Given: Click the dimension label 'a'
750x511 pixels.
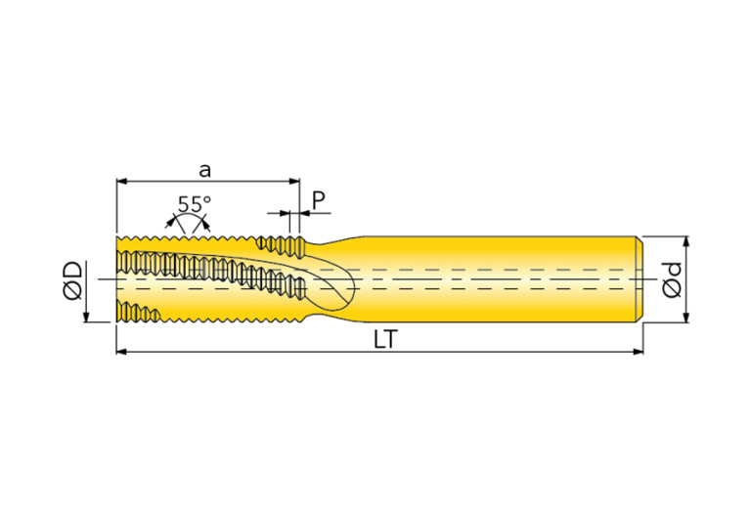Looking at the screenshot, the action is pyautogui.click(x=204, y=170).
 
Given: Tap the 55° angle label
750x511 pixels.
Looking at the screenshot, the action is pyautogui.click(x=195, y=204).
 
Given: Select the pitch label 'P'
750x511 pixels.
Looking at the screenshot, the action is pyautogui.click(x=319, y=200).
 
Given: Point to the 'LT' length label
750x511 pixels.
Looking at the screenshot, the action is pyautogui.click(x=385, y=339).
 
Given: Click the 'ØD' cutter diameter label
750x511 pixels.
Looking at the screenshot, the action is pyautogui.click(x=72, y=280).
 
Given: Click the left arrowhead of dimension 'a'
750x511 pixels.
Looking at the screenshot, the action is pyautogui.click(x=121, y=181).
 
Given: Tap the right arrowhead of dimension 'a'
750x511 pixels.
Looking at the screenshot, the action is pyautogui.click(x=294, y=181).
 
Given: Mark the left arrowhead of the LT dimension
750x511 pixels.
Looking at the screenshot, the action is pyautogui.click(x=121, y=352).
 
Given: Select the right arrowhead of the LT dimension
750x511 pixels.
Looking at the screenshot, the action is pyautogui.click(x=639, y=352).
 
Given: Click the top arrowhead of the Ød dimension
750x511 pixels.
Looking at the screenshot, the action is pyautogui.click(x=686, y=241).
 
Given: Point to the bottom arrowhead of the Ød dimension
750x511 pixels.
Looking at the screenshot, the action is pyautogui.click(x=686, y=318).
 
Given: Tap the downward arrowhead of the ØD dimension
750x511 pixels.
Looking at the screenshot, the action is pyautogui.click(x=87, y=317).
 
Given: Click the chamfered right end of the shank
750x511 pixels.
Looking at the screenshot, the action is pyautogui.click(x=640, y=278).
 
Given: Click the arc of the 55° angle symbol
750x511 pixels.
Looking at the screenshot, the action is pyautogui.click(x=188, y=217).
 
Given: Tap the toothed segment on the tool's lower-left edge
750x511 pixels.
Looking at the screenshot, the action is pyautogui.click(x=139, y=312).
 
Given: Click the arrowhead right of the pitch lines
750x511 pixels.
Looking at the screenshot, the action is pyautogui.click(x=305, y=213).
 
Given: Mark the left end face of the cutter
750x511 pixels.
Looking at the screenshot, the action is pyautogui.click(x=117, y=278).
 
